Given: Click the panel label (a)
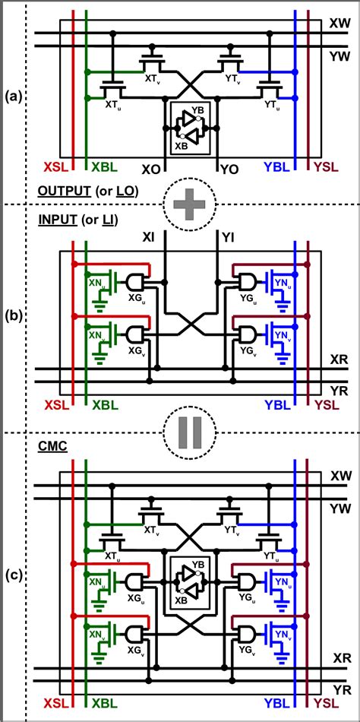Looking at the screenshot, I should (12, 97).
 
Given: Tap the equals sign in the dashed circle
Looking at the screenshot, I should (189, 431).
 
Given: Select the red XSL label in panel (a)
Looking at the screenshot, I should (58, 166).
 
